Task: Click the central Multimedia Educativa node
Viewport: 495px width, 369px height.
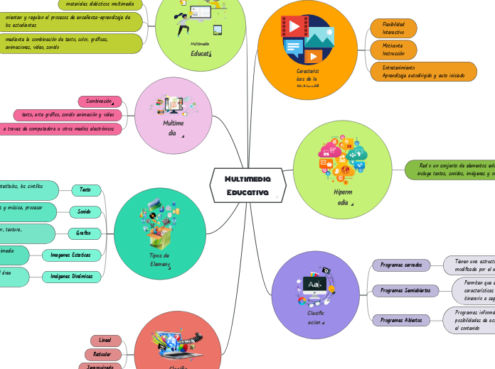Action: [x=247, y=186]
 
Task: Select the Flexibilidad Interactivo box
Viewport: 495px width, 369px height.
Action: [x=393, y=28]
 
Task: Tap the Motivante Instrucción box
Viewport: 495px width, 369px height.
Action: [x=393, y=50]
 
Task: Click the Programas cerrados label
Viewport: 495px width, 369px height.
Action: [x=401, y=265]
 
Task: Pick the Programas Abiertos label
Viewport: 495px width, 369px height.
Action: [x=401, y=320]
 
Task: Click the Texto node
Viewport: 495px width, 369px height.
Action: [x=85, y=190]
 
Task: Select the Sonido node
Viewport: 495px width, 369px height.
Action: [x=84, y=211]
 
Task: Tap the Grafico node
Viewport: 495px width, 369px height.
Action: [x=84, y=233]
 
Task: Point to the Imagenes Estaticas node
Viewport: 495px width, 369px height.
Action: [x=71, y=255]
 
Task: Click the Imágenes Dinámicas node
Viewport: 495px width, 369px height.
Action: [x=71, y=277]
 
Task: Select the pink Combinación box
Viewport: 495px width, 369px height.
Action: [x=100, y=101]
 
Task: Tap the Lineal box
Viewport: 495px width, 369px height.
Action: [x=105, y=341]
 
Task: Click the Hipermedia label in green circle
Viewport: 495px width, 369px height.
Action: [x=342, y=197]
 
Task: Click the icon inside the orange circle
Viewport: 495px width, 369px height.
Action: [x=307, y=39]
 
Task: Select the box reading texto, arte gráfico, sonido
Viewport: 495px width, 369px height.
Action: [x=68, y=114]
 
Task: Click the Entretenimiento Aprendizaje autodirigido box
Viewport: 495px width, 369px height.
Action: [x=423, y=71]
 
